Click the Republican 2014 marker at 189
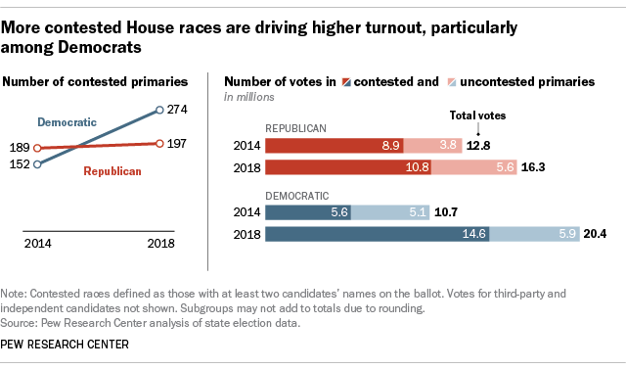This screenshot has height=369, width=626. coord(37,149)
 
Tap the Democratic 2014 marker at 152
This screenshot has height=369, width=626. coord(37,164)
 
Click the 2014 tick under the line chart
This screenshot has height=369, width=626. coord(37,244)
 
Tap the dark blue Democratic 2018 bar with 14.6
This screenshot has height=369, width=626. coord(378,234)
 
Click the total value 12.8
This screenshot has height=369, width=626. coord(476,145)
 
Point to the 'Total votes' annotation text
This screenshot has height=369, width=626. coord(476,115)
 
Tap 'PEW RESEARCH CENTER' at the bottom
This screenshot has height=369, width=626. coord(70,345)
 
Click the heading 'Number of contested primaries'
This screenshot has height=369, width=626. coord(106,82)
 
